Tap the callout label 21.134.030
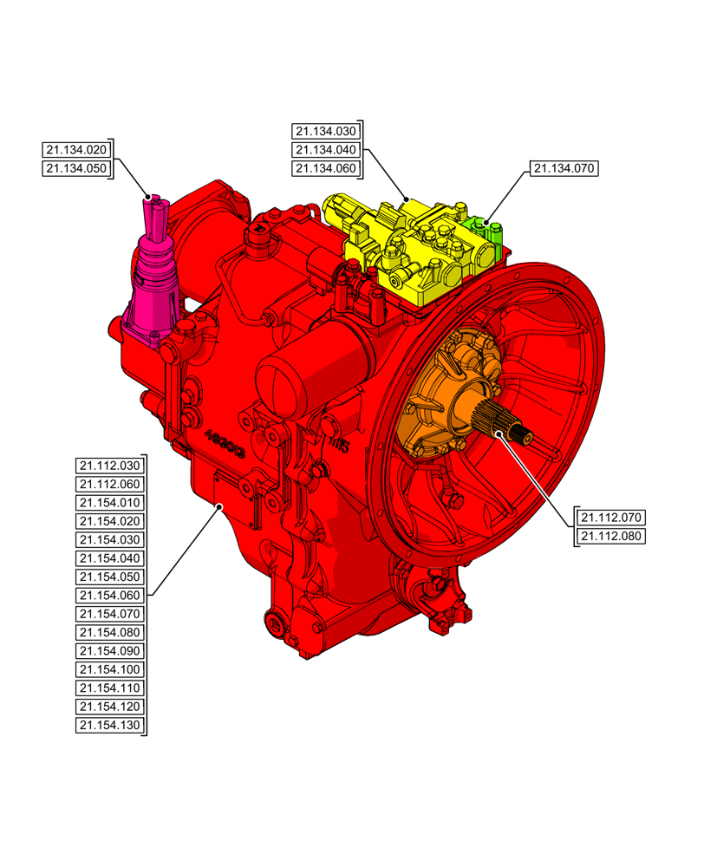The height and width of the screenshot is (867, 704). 325,132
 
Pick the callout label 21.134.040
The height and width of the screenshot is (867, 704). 325,150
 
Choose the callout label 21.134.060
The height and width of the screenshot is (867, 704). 325,169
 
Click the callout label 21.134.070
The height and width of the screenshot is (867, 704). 564,168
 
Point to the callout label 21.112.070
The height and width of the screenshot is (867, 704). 612,518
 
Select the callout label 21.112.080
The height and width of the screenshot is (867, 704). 612,537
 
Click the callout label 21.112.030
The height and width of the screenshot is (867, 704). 109,466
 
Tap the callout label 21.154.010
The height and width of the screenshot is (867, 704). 109,503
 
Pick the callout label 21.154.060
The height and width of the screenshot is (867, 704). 109,596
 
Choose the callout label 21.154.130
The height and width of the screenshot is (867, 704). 109,726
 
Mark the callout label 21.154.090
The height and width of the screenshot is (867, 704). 109,651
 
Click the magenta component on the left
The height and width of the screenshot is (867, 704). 154,277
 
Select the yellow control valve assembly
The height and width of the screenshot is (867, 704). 407,251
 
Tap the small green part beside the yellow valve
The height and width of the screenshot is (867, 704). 486,229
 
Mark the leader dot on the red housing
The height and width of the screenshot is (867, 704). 220,505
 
